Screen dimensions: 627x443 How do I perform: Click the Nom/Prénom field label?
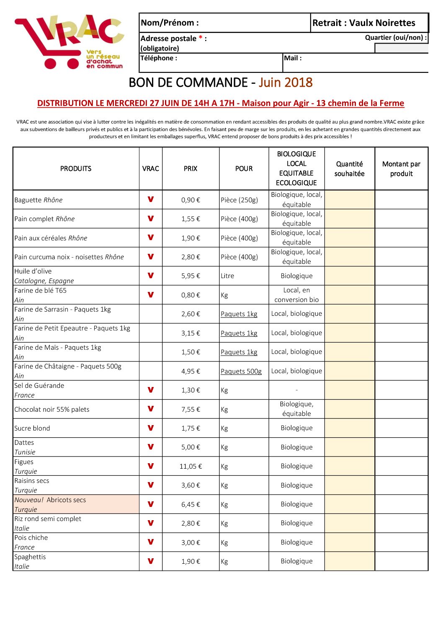(170, 23)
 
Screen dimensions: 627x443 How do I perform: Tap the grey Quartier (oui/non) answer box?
(401, 48)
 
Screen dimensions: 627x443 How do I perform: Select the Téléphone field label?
(159, 58)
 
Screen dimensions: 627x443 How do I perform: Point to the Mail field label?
(293, 58)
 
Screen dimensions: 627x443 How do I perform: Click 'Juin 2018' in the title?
(286, 83)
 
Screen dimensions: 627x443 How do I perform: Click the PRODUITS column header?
(76, 168)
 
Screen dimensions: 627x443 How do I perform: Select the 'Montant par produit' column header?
(401, 169)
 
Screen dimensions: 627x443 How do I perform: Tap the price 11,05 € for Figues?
(191, 466)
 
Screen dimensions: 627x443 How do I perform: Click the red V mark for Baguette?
(151, 199)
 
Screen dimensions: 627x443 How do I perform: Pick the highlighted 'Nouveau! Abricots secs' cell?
(76, 504)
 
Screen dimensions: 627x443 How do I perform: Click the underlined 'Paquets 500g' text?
(241, 371)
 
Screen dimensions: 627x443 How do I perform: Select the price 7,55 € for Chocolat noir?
(191, 409)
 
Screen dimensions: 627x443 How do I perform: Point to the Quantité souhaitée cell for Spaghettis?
(349, 561)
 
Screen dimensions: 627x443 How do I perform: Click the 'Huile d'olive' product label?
(33, 271)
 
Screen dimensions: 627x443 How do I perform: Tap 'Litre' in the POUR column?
(227, 276)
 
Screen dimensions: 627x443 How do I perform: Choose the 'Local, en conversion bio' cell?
(296, 295)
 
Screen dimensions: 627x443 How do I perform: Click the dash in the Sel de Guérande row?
(296, 390)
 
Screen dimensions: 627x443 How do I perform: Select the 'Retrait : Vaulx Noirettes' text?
(363, 23)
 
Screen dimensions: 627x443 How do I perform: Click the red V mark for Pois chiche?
(151, 542)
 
